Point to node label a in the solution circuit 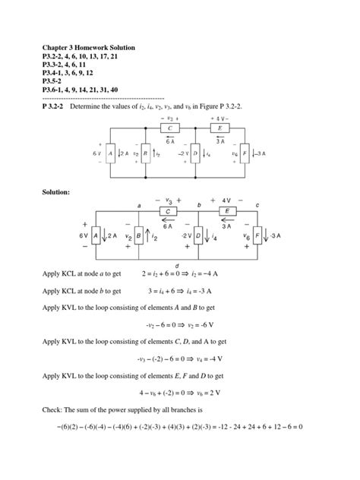coord(140,207)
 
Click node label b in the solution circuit coord(199,205)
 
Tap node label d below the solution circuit coord(198,264)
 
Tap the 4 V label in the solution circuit coord(227,201)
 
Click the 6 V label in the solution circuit coord(84,236)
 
